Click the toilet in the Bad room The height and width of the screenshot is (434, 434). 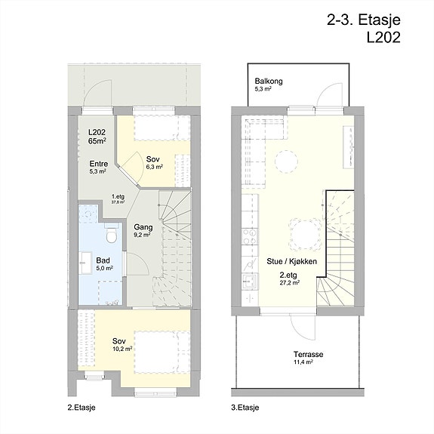[x=112, y=234]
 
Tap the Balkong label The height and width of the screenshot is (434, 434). [x=269, y=82]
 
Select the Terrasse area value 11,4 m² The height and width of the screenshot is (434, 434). [x=303, y=362]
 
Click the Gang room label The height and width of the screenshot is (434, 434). [x=143, y=227]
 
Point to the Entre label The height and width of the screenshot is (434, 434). [x=99, y=164]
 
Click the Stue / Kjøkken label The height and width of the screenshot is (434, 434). [x=292, y=261]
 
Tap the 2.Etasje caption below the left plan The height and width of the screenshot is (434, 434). [x=82, y=408]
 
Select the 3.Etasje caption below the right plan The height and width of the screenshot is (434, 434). [x=245, y=408]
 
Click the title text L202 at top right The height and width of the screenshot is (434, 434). [x=383, y=37]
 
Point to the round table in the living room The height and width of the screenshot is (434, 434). [x=286, y=162]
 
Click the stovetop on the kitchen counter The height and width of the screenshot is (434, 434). [x=250, y=237]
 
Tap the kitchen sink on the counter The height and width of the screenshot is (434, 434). [x=250, y=282]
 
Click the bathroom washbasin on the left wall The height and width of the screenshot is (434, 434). [x=85, y=263]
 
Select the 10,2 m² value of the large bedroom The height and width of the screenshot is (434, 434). [x=122, y=349]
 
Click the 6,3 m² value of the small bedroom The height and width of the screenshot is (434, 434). [x=154, y=167]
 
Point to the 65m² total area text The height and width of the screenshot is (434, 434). [x=97, y=141]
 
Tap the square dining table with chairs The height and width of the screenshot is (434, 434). [x=306, y=234]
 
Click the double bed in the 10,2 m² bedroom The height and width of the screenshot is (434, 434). [x=162, y=352]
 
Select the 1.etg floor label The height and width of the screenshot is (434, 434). [x=118, y=196]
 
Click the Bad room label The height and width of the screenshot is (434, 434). [x=103, y=260]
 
